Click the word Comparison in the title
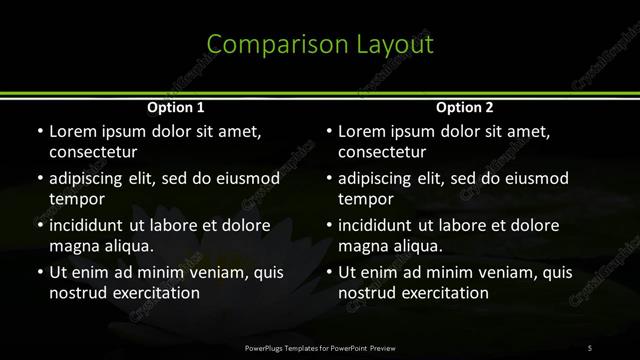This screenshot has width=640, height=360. tap(265, 45)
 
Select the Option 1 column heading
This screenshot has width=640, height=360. tap(176, 108)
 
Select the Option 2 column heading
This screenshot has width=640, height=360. tap(465, 108)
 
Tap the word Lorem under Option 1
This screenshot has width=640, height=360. tap(72, 131)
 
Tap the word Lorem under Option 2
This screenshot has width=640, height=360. tap(362, 131)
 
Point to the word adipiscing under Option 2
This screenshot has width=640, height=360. tap(378, 179)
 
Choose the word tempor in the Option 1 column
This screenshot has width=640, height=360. tap(72, 199)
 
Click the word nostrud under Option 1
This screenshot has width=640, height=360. tap(77, 293)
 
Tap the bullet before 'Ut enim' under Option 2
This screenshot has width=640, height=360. tap(329, 272)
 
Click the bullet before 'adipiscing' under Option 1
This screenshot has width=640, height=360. tap(39, 179)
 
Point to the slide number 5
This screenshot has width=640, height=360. tap(590, 347)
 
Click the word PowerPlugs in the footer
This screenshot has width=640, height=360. tap(266, 347)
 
